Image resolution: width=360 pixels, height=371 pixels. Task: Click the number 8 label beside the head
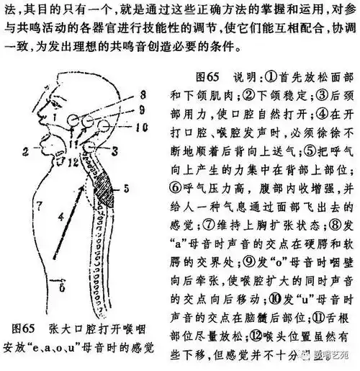pos(142,95)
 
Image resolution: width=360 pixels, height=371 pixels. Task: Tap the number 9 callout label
pos(142,109)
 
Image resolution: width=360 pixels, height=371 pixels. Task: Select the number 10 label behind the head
pos(141,126)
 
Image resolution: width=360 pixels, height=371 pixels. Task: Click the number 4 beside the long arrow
pos(60,215)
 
